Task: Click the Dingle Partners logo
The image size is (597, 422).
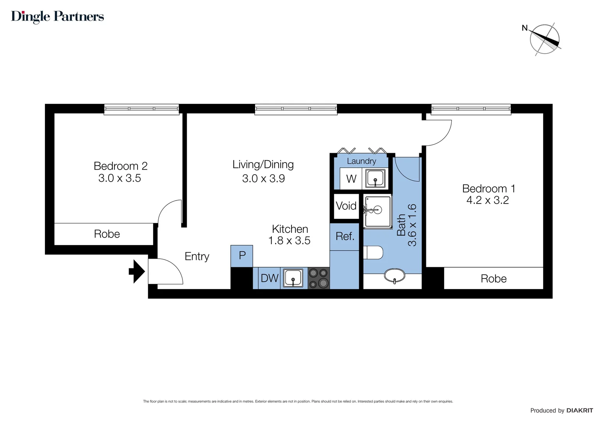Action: (57, 16)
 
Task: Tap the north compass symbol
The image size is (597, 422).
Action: (544, 39)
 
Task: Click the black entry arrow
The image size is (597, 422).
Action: (137, 271)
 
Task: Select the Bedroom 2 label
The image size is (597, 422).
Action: (120, 166)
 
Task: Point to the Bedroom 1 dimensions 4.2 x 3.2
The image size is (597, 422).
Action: (488, 200)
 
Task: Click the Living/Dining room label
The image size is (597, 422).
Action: (263, 165)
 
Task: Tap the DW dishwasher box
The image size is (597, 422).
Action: (269, 278)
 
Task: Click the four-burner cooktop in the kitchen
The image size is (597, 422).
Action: (318, 278)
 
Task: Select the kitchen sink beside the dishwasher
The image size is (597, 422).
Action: (293, 278)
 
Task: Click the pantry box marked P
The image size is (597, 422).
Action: (242, 256)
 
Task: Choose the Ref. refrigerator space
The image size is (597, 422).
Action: (345, 236)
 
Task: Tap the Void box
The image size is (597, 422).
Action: (346, 206)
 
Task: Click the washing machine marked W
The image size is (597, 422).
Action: (351, 179)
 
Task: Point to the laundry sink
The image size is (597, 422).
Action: (375, 179)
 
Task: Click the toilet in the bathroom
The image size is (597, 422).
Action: (373, 252)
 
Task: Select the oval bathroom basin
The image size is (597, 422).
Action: (395, 275)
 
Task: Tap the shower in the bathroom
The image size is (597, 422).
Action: (378, 211)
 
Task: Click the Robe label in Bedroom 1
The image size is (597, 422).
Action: (493, 279)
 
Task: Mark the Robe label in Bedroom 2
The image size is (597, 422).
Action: (107, 234)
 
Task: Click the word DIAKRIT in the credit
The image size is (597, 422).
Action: (579, 410)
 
